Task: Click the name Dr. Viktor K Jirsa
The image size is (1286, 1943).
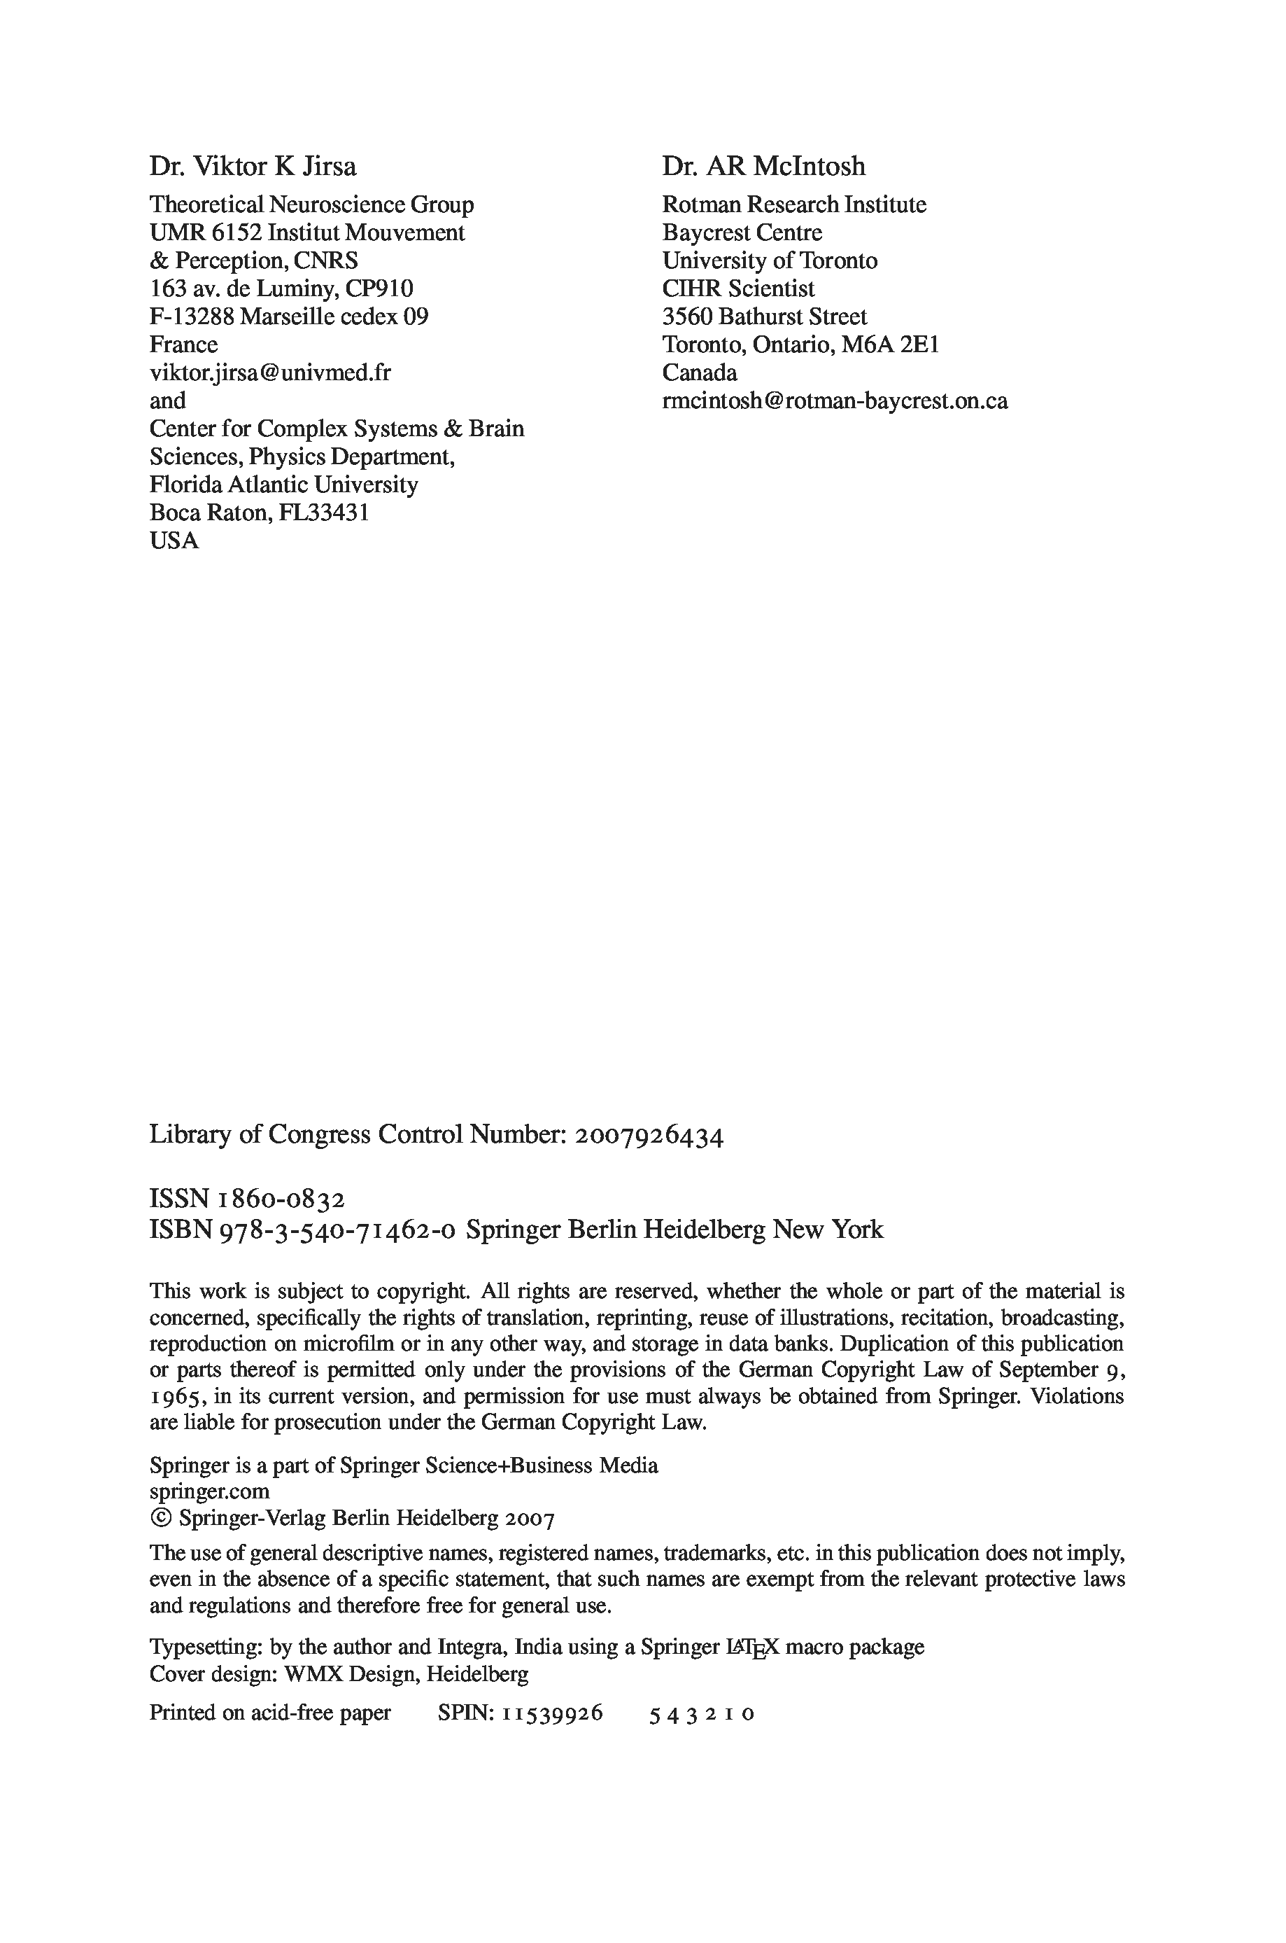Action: pyautogui.click(x=253, y=167)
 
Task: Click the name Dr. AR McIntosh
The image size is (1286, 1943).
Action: pyautogui.click(x=763, y=167)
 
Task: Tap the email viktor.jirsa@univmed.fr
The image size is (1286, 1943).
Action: pyautogui.click(x=270, y=373)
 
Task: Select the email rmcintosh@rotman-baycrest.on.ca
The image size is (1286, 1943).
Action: pyautogui.click(x=835, y=401)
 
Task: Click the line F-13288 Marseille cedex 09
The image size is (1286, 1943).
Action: pyautogui.click(x=289, y=316)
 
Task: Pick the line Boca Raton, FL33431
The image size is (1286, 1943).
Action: pyautogui.click(x=259, y=513)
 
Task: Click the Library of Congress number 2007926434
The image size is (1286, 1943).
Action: pyautogui.click(x=649, y=1136)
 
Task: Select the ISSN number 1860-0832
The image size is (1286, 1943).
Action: pyautogui.click(x=281, y=1199)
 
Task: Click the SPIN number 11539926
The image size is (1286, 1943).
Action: pyautogui.click(x=553, y=1713)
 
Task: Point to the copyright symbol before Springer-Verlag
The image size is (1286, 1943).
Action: pyautogui.click(x=160, y=1517)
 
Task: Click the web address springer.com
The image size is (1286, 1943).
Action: pyautogui.click(x=209, y=1491)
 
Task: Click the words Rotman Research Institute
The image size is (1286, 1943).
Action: pyautogui.click(x=794, y=205)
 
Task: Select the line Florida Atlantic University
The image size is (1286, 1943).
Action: pyautogui.click(x=284, y=485)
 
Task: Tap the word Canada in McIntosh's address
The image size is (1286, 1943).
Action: pyautogui.click(x=700, y=373)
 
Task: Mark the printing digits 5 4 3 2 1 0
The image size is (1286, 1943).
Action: pyautogui.click(x=701, y=1714)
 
